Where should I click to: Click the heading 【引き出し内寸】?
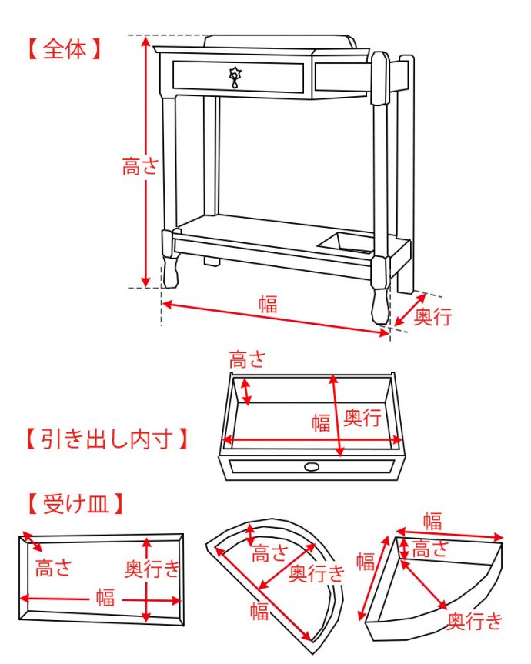tap(105, 439)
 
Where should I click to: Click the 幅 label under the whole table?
tap(267, 303)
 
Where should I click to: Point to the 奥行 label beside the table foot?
tap(432, 316)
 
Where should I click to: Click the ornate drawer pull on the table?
tap(235, 77)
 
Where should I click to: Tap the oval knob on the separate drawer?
tap(312, 466)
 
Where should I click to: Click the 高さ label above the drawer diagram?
tap(248, 359)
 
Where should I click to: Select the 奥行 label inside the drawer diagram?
tap(362, 418)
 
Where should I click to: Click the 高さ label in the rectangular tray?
tap(53, 568)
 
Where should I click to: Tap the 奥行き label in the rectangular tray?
tap(152, 569)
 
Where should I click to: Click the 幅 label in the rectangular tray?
tap(105, 598)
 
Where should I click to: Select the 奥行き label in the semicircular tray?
tap(317, 572)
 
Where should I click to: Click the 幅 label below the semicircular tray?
tap(259, 612)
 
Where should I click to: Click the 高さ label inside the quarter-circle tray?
tap(430, 548)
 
